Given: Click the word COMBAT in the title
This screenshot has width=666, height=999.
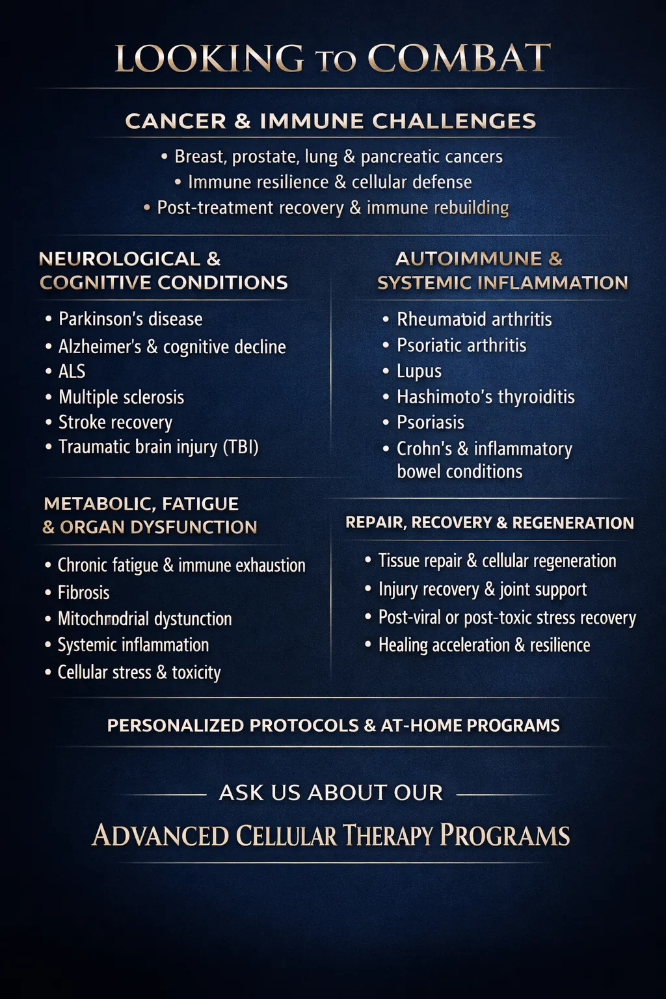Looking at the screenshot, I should [459, 59].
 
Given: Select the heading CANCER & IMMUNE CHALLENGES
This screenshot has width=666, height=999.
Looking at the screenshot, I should [330, 121].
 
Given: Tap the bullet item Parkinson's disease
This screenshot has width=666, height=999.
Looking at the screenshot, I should [130, 319].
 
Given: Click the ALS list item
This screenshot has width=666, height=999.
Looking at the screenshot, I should [72, 371].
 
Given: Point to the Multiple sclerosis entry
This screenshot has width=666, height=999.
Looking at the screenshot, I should [121, 397].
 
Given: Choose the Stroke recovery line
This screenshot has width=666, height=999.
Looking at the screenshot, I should [115, 422].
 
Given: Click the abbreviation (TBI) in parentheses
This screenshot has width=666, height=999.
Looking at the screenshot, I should [241, 447].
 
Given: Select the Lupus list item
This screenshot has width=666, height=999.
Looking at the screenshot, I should [419, 371].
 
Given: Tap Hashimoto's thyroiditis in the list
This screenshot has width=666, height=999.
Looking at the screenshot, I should [485, 397].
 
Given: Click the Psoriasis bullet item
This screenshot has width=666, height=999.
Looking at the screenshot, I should [430, 422].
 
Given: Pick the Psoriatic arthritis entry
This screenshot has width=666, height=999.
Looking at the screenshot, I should [461, 345].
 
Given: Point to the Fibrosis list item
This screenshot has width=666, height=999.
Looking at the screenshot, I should [83, 593].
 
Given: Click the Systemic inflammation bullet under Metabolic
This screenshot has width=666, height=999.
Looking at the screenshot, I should [133, 645].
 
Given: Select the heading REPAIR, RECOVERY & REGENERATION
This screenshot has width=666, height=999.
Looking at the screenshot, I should [489, 523].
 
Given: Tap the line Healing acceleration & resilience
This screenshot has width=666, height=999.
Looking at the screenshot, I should [484, 645].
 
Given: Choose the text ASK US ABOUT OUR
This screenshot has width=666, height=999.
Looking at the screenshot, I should [331, 793].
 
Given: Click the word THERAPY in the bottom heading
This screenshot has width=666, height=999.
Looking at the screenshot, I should [387, 836].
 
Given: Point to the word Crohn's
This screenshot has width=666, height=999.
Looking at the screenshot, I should [424, 449].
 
